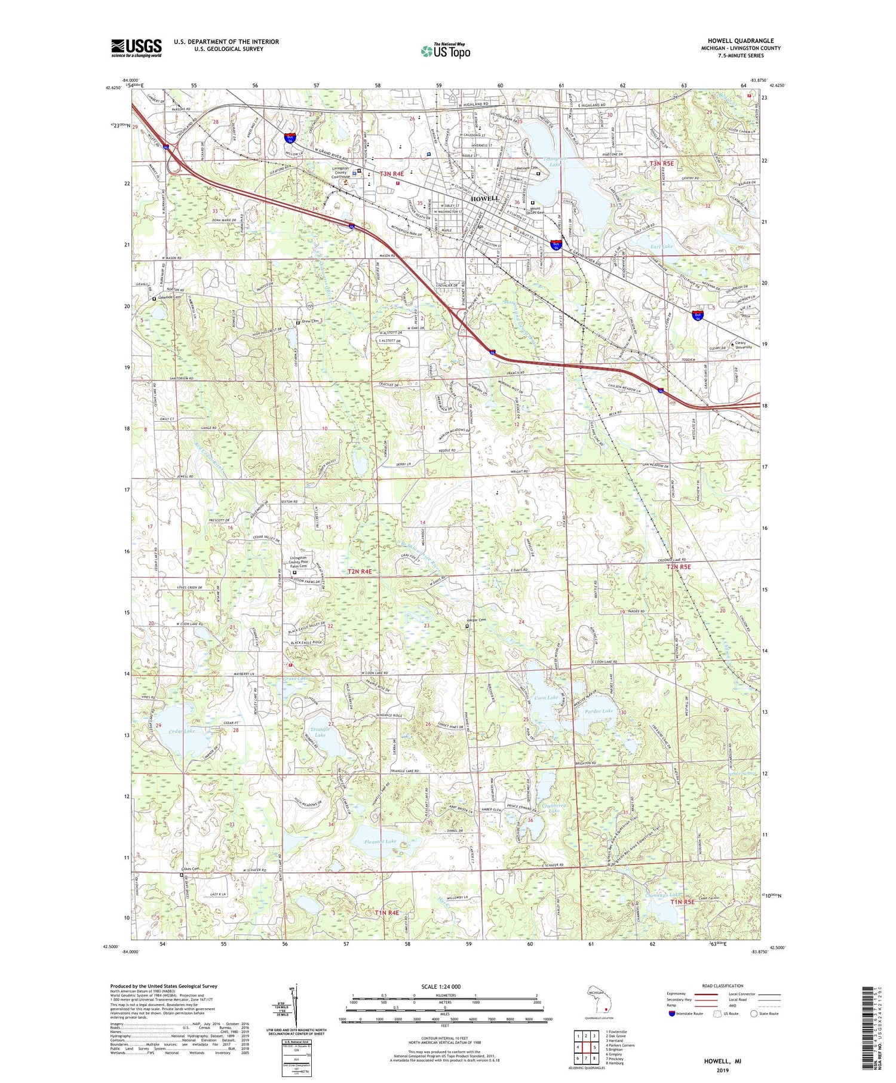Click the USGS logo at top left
(136, 47)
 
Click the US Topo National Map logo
(445, 51)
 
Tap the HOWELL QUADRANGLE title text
(738, 41)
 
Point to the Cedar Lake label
(182, 731)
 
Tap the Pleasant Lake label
(381, 841)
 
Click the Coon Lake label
(546, 698)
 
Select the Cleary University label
(743, 345)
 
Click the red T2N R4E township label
(360, 572)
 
